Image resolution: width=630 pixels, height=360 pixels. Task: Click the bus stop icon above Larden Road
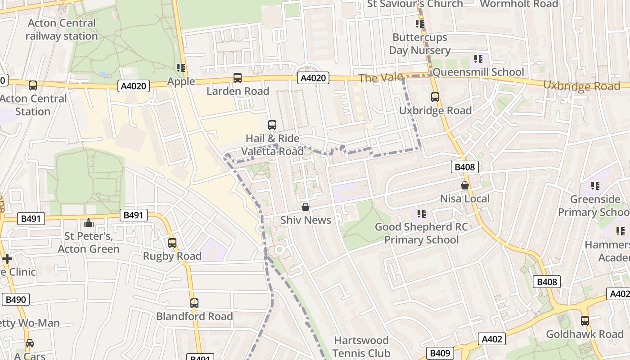point(238,78)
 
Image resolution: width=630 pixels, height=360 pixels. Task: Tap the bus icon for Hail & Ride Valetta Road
point(272,125)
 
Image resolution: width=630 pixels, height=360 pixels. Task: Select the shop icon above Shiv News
point(306,207)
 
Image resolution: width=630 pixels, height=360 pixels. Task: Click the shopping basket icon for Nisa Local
point(465,185)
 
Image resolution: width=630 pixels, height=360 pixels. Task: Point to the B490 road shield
point(15,300)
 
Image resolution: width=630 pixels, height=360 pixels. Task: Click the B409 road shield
point(440,353)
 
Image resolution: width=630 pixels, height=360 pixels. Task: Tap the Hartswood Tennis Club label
point(361,346)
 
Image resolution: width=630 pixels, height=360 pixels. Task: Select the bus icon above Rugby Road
point(172,243)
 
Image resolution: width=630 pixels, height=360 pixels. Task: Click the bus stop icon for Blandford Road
point(194,303)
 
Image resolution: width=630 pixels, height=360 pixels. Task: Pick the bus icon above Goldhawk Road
point(585,321)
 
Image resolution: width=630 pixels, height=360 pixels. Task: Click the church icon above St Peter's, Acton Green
point(88,223)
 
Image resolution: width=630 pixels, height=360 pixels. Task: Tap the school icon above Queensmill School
point(478,58)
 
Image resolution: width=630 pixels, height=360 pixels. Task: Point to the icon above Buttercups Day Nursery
point(420,24)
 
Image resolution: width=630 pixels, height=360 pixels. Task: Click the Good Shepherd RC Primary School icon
point(421,214)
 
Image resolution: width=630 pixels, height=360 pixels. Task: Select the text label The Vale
point(381,78)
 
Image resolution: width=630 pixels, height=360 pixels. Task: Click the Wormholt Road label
point(519,4)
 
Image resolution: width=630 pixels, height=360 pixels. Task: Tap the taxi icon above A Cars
point(30,343)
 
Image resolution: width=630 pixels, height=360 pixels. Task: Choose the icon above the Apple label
point(181,68)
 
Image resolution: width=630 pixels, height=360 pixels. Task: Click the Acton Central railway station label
point(62,30)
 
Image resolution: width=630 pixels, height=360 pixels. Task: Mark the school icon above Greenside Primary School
point(595,185)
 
